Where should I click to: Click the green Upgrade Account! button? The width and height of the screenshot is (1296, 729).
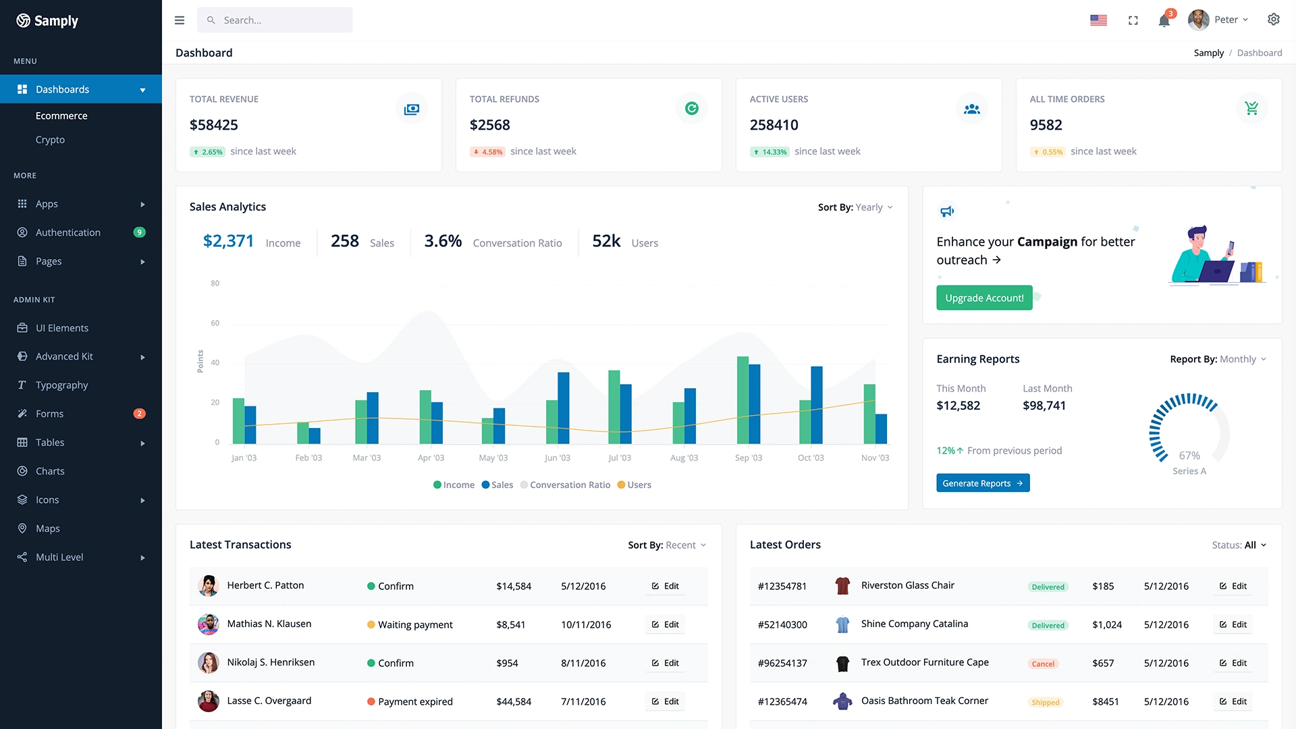click(983, 298)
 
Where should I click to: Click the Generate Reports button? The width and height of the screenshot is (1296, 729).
click(982, 483)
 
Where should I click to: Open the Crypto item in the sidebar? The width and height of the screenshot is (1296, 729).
click(50, 140)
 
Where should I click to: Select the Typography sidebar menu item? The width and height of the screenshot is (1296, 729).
click(61, 385)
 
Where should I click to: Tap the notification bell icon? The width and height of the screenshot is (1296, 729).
click(1164, 21)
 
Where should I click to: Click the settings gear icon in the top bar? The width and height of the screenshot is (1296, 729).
click(1273, 20)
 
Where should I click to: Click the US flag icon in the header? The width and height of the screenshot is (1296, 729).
click(1098, 20)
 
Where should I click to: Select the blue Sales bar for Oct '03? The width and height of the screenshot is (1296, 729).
click(817, 405)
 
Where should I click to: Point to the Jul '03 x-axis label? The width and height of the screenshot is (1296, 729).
click(619, 458)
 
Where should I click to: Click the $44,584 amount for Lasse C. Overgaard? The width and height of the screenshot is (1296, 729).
click(514, 701)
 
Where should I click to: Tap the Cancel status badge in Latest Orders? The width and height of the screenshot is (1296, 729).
click(1042, 664)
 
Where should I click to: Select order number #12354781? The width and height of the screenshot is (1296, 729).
click(782, 586)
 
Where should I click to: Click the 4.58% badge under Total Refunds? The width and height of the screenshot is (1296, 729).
click(487, 152)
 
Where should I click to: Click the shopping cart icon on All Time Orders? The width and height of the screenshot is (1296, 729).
click(1251, 108)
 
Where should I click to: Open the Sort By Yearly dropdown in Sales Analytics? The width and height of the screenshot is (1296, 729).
click(855, 207)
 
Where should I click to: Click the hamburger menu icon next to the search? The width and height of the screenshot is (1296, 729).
click(180, 20)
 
